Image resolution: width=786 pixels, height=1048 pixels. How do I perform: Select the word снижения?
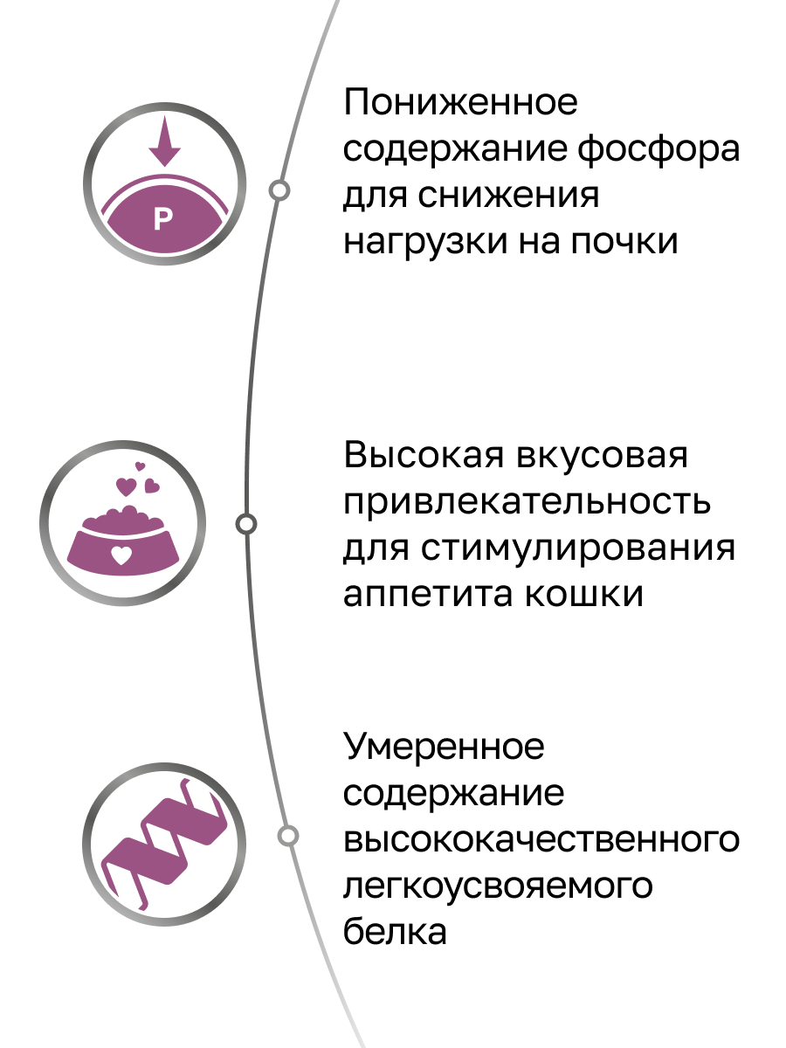(x=510, y=196)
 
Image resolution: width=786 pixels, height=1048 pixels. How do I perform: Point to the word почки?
(x=624, y=242)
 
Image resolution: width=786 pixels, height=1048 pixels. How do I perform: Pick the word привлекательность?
(x=527, y=503)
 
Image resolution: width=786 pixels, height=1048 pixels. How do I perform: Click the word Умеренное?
(x=445, y=748)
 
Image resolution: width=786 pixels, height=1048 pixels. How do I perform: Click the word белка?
(x=396, y=932)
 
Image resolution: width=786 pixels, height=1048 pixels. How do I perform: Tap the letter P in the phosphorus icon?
(x=163, y=219)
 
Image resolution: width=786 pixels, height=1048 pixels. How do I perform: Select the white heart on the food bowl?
(x=123, y=553)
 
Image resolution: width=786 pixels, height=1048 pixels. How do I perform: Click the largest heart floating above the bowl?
(x=127, y=484)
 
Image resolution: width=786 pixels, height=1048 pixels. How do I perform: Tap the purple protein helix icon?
(x=163, y=838)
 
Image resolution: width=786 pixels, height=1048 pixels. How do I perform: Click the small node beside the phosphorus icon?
(x=279, y=190)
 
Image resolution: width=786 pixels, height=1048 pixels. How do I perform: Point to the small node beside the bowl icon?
(x=247, y=524)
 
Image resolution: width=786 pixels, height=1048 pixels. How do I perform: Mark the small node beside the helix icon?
(x=287, y=836)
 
